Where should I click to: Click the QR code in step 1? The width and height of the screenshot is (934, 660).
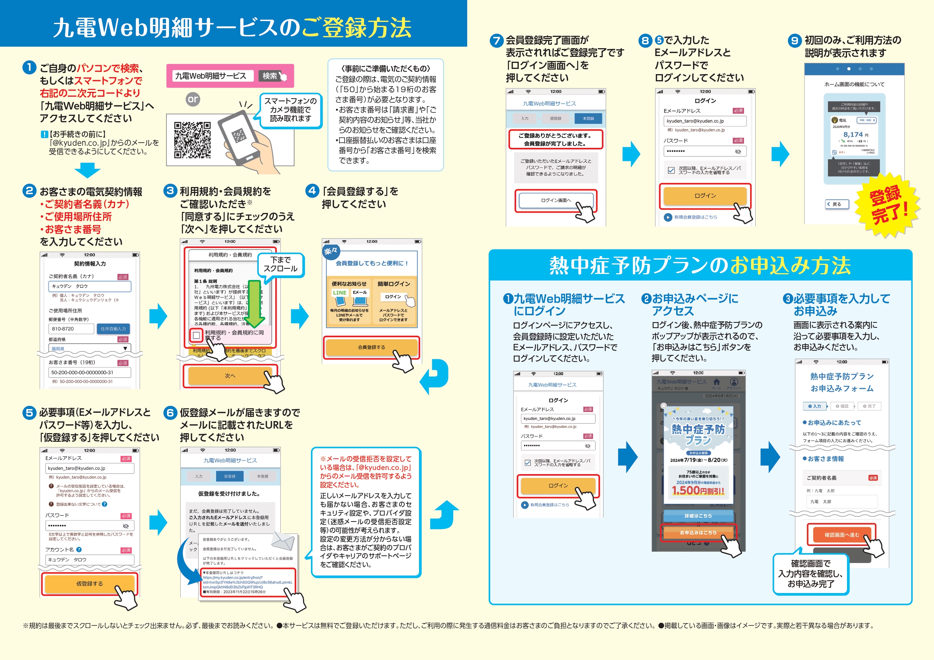coord(192,140)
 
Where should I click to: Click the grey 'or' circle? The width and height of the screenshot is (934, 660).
coord(193,99)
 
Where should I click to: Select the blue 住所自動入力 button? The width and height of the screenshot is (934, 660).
coord(113,328)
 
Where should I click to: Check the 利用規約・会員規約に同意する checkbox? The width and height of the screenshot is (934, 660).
coord(197,335)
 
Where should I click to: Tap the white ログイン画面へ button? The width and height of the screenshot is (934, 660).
coord(556,200)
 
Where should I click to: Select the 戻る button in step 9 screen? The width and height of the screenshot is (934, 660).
coord(837,204)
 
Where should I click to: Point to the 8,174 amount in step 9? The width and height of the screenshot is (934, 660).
coord(853,135)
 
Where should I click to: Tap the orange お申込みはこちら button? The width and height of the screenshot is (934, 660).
coord(698,532)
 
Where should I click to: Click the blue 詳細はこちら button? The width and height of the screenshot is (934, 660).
coord(698,516)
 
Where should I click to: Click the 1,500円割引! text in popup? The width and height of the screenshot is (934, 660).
coord(698,491)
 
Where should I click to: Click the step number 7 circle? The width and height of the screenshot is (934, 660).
coord(496,41)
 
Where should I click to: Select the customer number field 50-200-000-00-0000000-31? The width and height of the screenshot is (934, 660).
coord(90,373)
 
